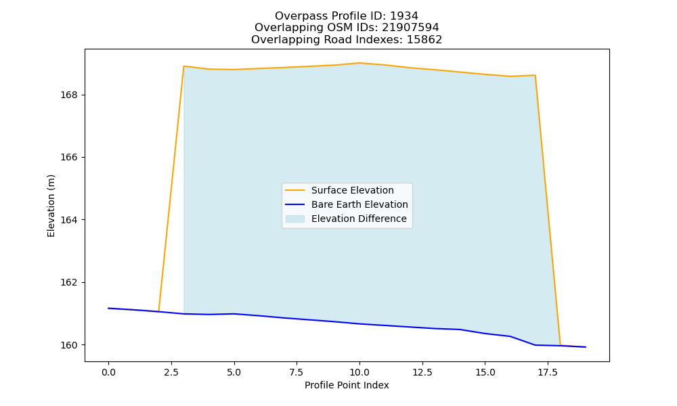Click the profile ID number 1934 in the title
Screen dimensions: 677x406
pyautogui.click(x=404, y=16)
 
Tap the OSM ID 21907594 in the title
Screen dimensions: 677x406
pyautogui.click(x=411, y=28)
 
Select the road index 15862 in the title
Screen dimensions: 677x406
pyautogui.click(x=424, y=40)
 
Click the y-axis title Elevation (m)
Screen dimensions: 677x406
pyautogui.click(x=51, y=206)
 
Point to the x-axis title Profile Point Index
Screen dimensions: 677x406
pyautogui.click(x=347, y=385)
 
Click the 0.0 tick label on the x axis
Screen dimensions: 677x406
pyautogui.click(x=108, y=372)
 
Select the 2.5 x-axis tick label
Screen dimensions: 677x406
pyautogui.click(x=171, y=372)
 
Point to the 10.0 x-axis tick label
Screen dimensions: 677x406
pyautogui.click(x=359, y=372)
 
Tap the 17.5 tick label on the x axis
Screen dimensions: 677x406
pyautogui.click(x=548, y=372)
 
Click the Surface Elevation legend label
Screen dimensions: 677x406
pyautogui.click(x=352, y=190)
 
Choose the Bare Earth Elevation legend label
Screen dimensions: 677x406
pyautogui.click(x=359, y=204)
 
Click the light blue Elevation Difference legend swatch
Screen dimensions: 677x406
pyautogui.click(x=295, y=219)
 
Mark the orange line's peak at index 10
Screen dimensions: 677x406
pyautogui.click(x=359, y=63)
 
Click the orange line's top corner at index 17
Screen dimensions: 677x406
pyautogui.click(x=535, y=76)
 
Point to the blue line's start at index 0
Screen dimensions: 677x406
pyautogui.click(x=108, y=308)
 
